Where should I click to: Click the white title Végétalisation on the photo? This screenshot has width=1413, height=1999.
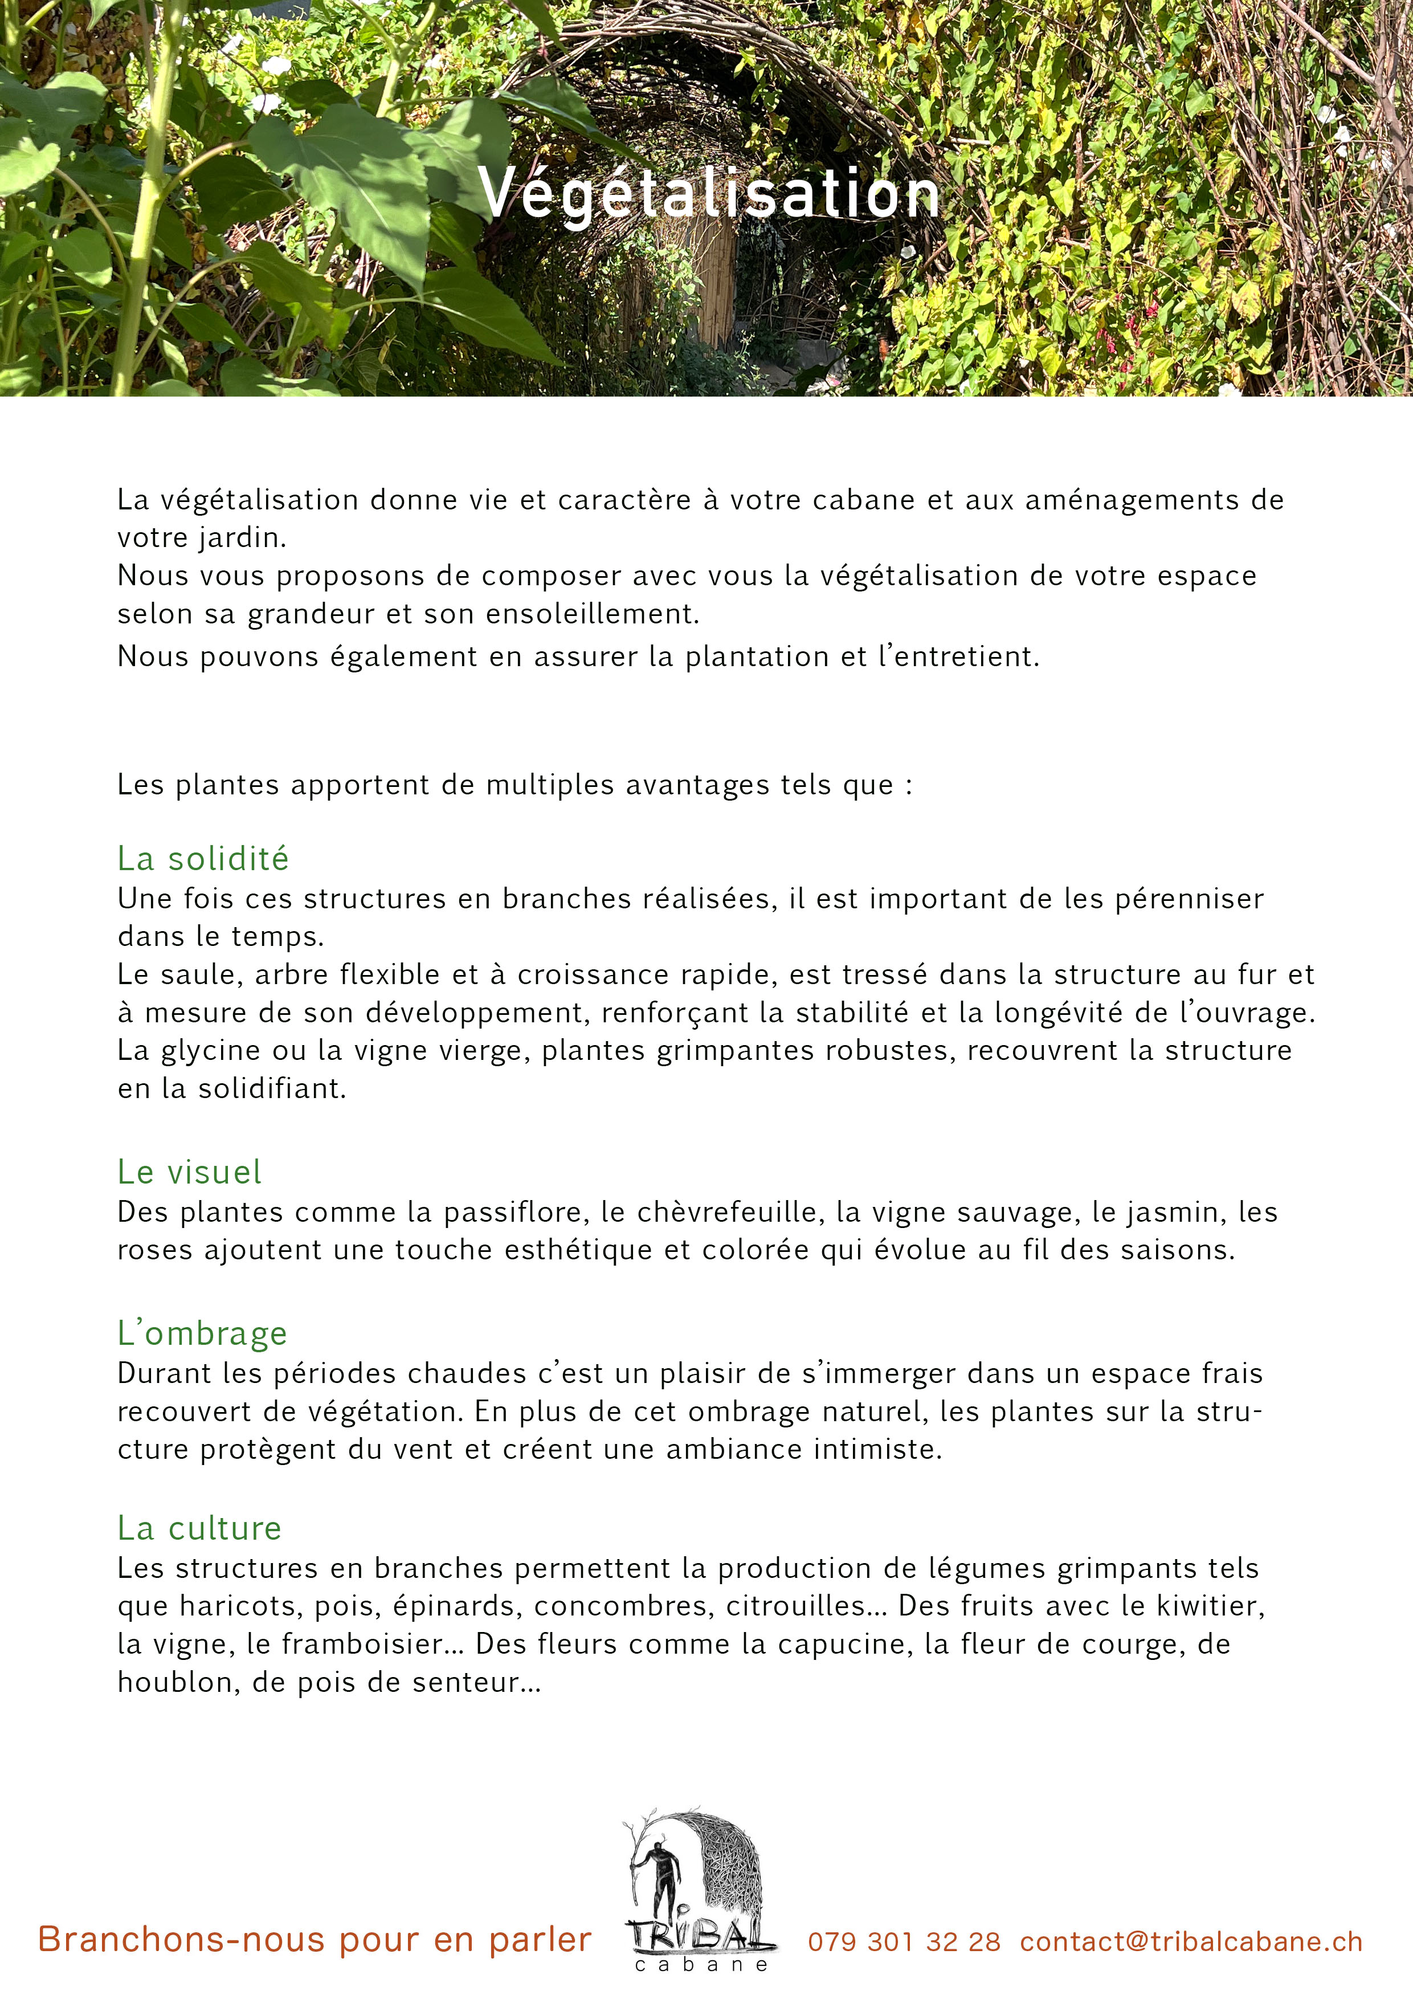pyautogui.click(x=709, y=193)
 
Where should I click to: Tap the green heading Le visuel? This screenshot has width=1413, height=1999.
pyautogui.click(x=189, y=1172)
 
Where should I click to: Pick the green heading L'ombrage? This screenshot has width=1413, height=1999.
pyautogui.click(x=202, y=1333)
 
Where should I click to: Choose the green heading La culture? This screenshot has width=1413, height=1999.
pyautogui.click(x=199, y=1528)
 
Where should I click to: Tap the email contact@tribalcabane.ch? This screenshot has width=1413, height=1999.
pyautogui.click(x=1191, y=1941)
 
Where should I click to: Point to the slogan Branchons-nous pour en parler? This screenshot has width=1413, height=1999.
pyautogui.click(x=315, y=1940)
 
